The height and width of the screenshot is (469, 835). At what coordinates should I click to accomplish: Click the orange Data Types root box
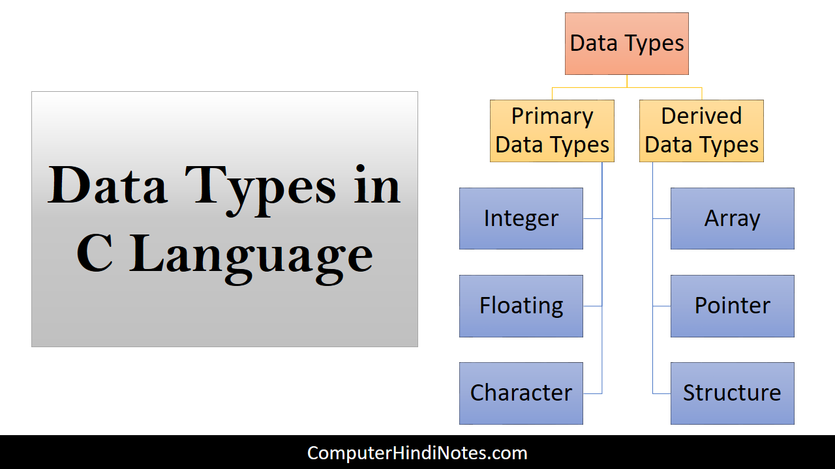(x=627, y=44)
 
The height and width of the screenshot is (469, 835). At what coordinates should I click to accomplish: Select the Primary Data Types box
(x=552, y=131)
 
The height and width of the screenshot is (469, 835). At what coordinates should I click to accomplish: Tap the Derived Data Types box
(x=701, y=131)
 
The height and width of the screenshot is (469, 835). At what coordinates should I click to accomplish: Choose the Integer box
(x=521, y=218)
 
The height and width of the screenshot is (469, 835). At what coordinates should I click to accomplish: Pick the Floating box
(x=521, y=306)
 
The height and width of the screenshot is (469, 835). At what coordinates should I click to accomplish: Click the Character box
(x=521, y=393)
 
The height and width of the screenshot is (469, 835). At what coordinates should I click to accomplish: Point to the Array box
(x=733, y=218)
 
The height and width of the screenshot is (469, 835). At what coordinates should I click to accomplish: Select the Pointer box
(x=733, y=306)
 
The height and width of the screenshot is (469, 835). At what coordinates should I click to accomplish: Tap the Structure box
(x=733, y=393)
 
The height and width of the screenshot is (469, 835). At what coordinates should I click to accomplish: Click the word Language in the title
(x=251, y=259)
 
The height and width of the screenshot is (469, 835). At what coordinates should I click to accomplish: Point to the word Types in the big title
(x=260, y=190)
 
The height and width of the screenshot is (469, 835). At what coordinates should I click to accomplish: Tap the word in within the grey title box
(x=377, y=184)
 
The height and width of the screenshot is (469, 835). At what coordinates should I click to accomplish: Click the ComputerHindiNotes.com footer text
(x=417, y=453)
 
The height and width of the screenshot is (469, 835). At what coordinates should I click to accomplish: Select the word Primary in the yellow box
(x=552, y=117)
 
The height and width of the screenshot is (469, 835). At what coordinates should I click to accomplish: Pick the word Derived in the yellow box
(x=701, y=116)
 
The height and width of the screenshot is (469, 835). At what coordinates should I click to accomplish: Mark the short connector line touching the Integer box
(x=592, y=218)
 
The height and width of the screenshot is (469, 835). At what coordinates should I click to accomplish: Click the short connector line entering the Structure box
(x=661, y=393)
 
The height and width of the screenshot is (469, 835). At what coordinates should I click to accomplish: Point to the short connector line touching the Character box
(x=592, y=393)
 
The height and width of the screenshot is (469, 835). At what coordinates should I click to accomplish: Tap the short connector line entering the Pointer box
(x=661, y=306)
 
